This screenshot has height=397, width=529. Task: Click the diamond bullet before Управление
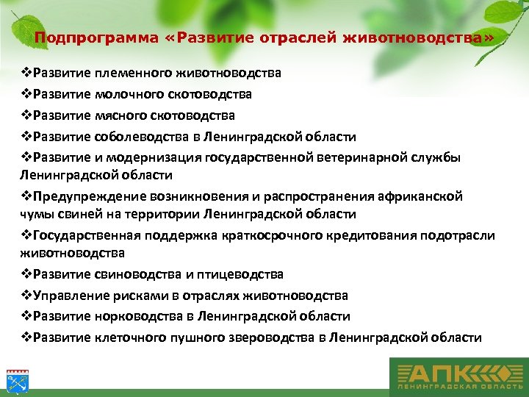[25, 296]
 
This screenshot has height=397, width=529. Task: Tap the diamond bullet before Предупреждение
[25, 196]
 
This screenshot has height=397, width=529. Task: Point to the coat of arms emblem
[15, 379]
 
